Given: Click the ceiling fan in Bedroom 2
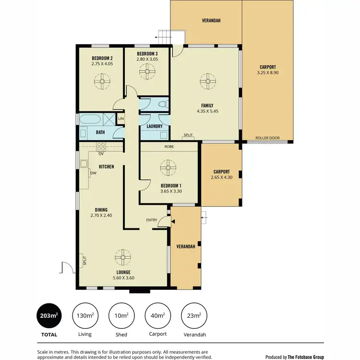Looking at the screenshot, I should (x=101, y=82).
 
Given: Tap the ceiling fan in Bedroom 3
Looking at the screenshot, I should (x=146, y=72).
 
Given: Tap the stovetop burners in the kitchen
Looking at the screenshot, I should (x=101, y=146).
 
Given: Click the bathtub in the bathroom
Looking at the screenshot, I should (x=90, y=120).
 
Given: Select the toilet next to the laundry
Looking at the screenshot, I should (x=163, y=104).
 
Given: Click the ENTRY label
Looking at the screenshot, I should (x=152, y=220).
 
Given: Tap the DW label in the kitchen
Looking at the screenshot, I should (x=93, y=174).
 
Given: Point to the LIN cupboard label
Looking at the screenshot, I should (x=121, y=119).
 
